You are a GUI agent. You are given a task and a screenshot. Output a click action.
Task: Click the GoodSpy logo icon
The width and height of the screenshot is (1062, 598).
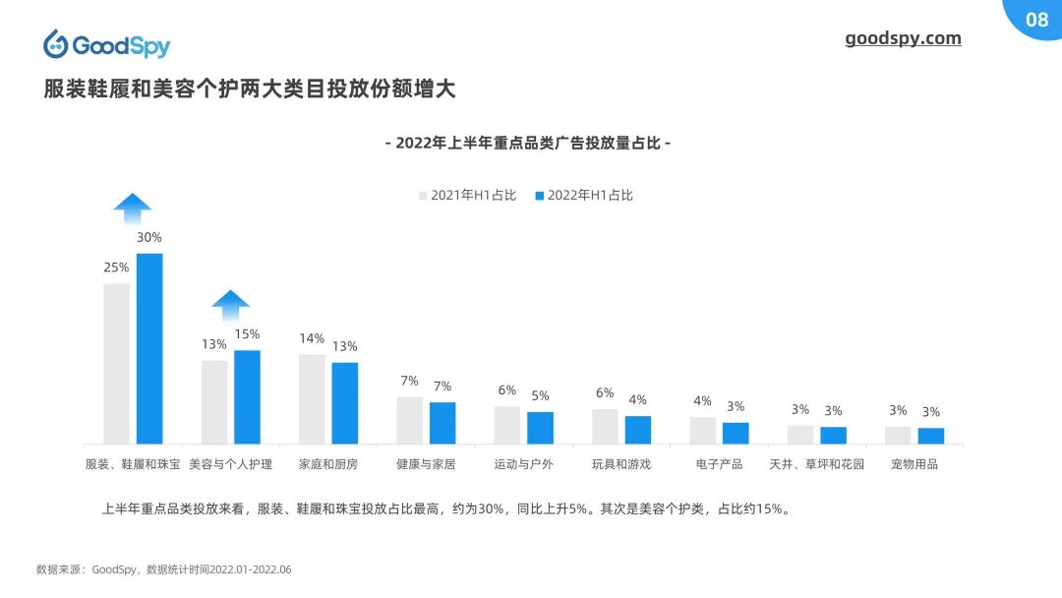click(55, 44)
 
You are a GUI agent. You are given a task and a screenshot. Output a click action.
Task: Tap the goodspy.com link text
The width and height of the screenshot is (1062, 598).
click(903, 38)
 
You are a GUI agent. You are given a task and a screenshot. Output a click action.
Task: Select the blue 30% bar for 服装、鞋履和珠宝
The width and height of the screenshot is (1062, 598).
click(149, 348)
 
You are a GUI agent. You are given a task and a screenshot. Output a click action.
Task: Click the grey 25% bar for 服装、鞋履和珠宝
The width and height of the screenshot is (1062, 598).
click(116, 363)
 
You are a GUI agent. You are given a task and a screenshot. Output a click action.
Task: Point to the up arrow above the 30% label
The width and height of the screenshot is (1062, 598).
click(133, 208)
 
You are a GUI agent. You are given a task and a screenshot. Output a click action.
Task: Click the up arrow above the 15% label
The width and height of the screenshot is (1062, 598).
click(231, 305)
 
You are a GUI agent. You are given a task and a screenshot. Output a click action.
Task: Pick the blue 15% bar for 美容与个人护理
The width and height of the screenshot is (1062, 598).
click(247, 396)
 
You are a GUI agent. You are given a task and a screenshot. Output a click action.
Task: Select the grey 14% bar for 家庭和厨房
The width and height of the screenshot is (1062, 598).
click(312, 398)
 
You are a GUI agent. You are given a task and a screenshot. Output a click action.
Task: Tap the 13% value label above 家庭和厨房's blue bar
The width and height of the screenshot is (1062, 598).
click(344, 346)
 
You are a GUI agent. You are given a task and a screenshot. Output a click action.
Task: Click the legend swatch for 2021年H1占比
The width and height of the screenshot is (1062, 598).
click(423, 195)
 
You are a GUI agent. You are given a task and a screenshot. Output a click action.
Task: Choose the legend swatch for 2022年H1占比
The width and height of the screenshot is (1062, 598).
click(540, 195)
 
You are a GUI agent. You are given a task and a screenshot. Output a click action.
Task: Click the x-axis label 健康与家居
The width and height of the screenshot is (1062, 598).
click(426, 463)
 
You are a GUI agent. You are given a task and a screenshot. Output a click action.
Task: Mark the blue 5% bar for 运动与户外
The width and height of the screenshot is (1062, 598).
click(540, 427)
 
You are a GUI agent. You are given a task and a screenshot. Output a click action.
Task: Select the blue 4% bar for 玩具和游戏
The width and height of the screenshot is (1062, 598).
click(638, 429)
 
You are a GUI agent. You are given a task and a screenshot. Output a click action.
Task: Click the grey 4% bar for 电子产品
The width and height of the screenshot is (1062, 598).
click(702, 430)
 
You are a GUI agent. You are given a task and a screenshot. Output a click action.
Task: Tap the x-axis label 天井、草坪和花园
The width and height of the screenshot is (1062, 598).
click(816, 463)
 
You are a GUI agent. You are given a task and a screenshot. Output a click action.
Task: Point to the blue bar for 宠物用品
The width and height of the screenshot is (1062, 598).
click(930, 435)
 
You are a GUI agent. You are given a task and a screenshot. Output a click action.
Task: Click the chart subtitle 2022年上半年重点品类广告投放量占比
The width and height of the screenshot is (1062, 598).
click(528, 143)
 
